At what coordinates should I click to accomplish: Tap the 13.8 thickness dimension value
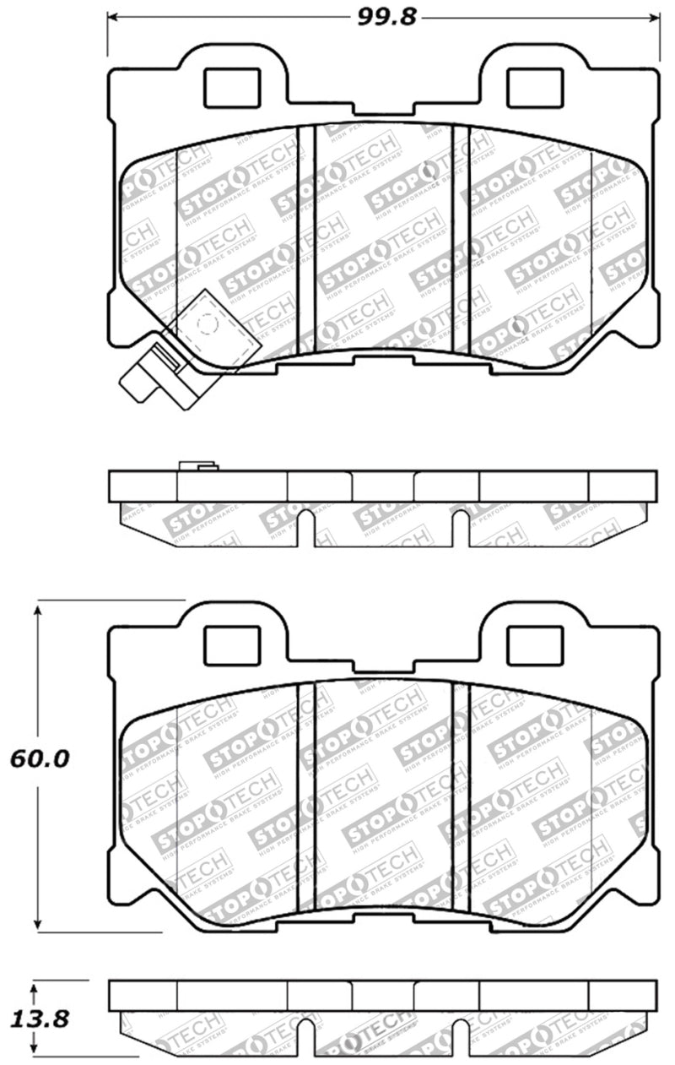(x=36, y=1019)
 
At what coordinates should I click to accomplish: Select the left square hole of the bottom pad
(x=232, y=644)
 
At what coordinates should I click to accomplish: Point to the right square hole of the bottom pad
(x=534, y=644)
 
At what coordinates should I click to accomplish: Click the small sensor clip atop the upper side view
(x=199, y=465)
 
